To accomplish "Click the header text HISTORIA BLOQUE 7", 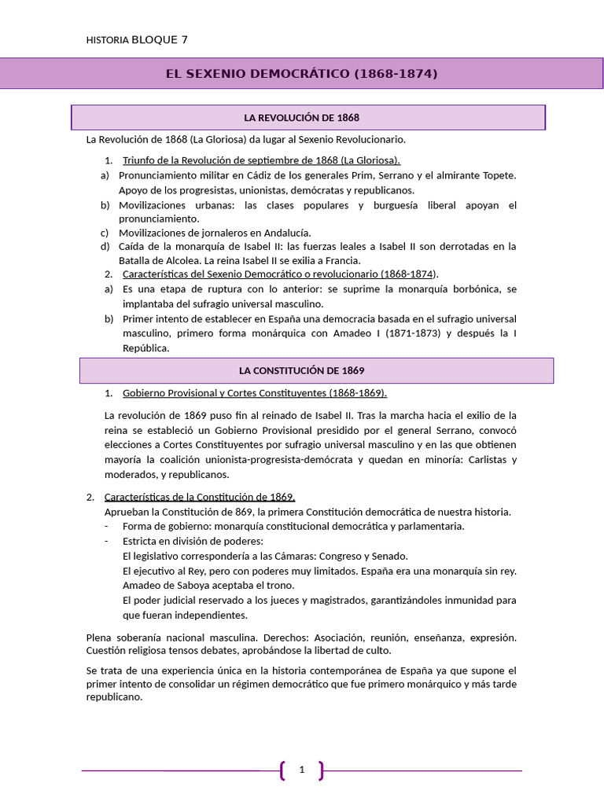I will pos(136,39).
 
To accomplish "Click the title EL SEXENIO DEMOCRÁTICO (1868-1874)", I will pos(301,74).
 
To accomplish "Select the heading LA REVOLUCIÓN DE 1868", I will pos(301,118).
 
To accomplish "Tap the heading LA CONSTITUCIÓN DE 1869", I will pos(301,370).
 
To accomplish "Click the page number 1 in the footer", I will pos(301,770).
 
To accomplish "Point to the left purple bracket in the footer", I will pos(282,770).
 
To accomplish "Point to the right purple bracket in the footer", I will pos(321,770).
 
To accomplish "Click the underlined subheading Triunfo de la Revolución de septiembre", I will pos(261,161).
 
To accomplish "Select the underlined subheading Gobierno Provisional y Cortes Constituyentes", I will pos(255,393).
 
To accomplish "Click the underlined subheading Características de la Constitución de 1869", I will pos(200,497).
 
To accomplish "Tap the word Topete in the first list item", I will pos(498,175).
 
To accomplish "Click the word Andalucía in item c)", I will pos(285,233).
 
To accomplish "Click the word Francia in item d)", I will pos(341,261).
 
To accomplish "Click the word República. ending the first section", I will pos(145,347).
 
